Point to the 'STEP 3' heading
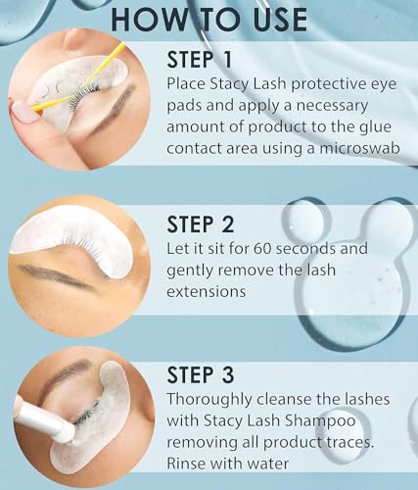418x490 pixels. point(212,375)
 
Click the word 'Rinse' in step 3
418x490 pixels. point(189,464)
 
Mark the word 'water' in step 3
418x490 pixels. point(287,464)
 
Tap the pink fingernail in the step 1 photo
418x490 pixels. point(22,110)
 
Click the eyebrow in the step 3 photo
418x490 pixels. point(59,377)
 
